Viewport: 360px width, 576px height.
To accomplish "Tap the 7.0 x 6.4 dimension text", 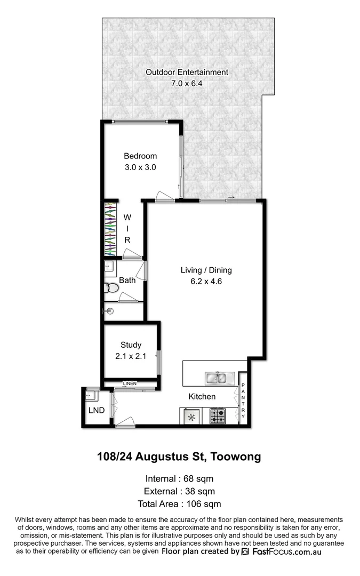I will pos(187,83).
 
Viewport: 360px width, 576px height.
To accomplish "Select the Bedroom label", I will pos(140,156).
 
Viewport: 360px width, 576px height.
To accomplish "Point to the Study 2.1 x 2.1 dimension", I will pos(130,357).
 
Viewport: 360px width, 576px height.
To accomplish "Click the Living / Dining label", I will pos(205,270).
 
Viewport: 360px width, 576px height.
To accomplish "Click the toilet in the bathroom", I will pos(111,288).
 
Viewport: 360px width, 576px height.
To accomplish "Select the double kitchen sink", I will pos(218,379).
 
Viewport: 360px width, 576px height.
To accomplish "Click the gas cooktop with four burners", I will pos(219,415).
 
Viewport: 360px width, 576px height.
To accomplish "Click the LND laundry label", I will pos(96,411).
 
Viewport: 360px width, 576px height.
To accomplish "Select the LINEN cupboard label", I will pos(130,383).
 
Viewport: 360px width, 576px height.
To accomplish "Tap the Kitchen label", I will pos(202,397).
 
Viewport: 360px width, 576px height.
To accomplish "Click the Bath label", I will pos(127,280).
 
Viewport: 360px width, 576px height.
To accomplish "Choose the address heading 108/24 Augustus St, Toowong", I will pos(179,457).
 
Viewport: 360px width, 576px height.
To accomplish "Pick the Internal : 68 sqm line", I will pos(179,478).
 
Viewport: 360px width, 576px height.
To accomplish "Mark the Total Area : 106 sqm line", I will pos(179,504).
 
